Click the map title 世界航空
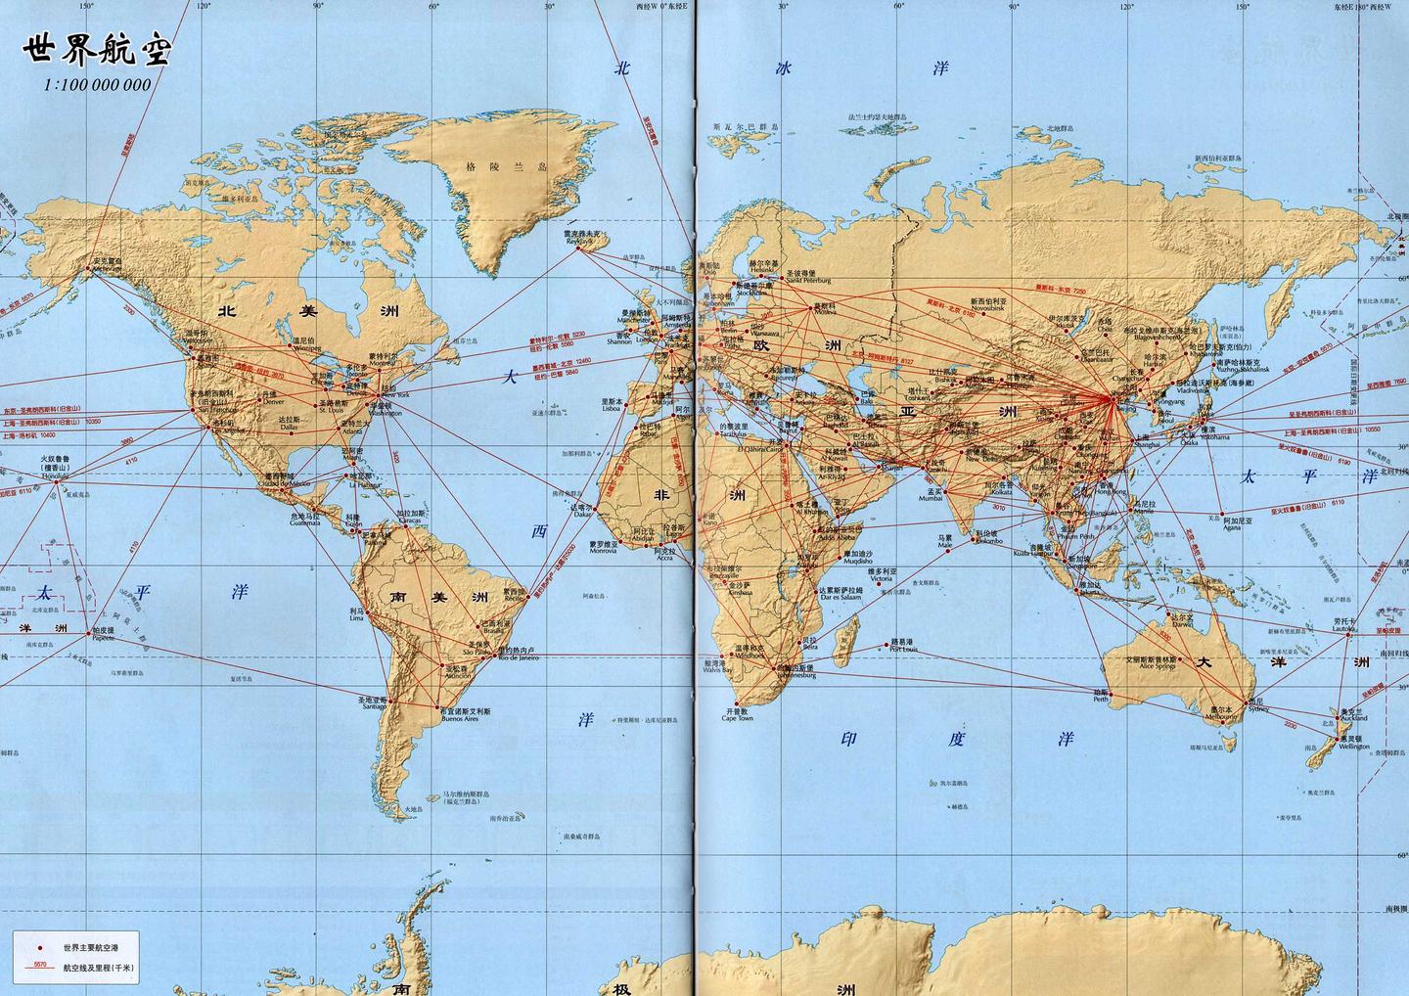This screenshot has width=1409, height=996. pos(96,51)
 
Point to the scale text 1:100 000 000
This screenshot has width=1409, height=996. pos(97,85)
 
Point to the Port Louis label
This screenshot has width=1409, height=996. pos(902,647)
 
